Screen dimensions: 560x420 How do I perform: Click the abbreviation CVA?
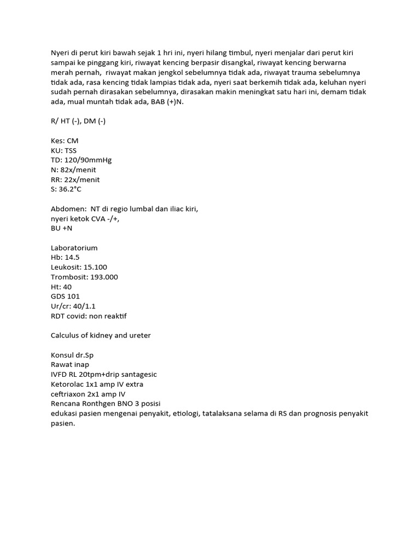(x=102, y=219)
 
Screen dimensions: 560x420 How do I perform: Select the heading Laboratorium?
(x=74, y=248)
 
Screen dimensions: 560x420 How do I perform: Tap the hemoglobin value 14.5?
(x=73, y=258)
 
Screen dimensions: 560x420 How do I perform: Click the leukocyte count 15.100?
(x=95, y=267)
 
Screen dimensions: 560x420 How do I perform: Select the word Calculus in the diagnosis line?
(x=66, y=335)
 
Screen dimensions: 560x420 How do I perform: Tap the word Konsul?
(x=63, y=355)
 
